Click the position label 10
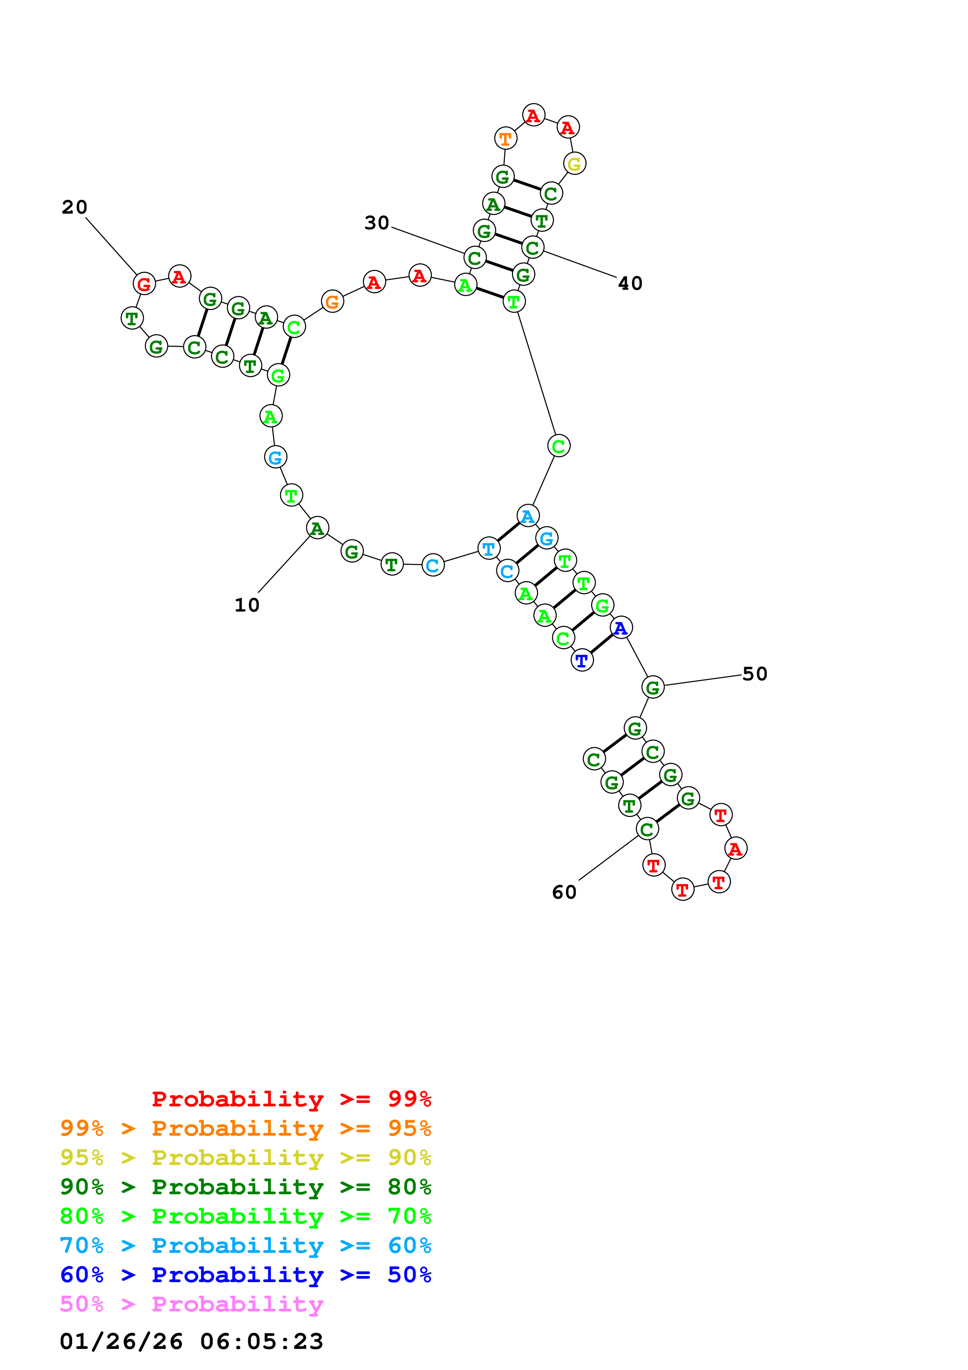coord(247,605)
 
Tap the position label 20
coord(75,207)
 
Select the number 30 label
coord(376,223)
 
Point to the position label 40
coord(630,284)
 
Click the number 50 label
coord(754,674)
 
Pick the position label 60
coord(564,892)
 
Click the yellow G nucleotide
coord(574,164)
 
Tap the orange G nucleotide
coord(332,302)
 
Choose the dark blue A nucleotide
coord(621,628)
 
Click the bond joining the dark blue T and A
coord(602,644)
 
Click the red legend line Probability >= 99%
coord(291,1099)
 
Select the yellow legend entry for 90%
coord(245,1158)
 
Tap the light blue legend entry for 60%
coord(245,1245)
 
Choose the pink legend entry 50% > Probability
coord(191,1304)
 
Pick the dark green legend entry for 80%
coord(245,1187)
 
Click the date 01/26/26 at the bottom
coord(121,1341)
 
